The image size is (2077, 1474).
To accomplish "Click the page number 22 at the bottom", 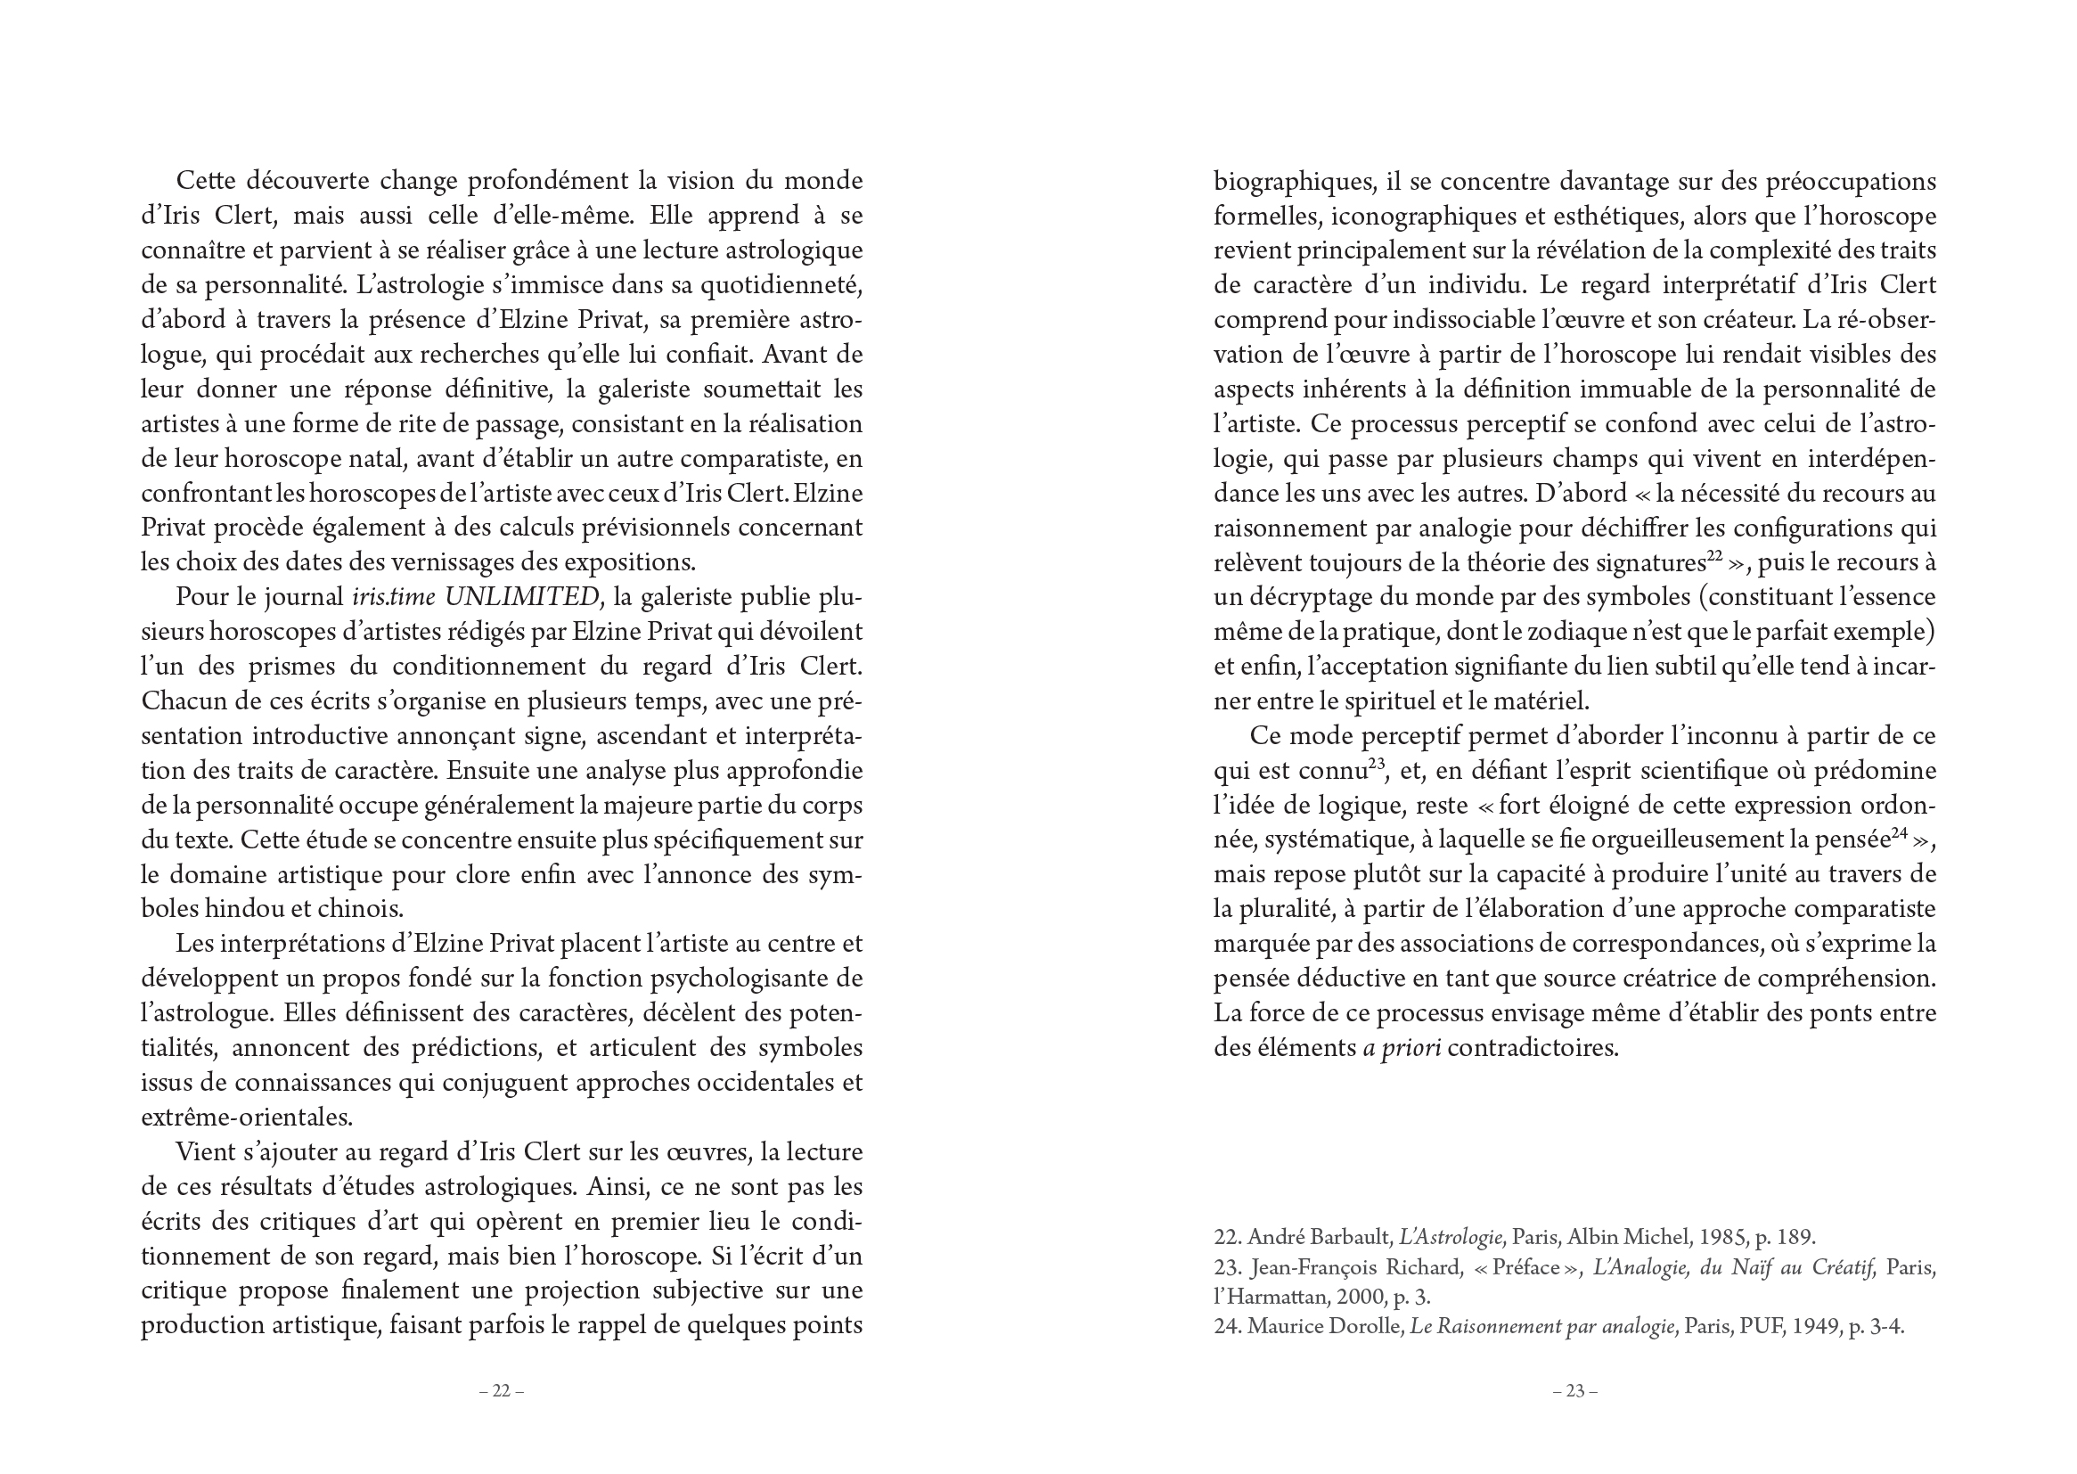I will [x=501, y=1391].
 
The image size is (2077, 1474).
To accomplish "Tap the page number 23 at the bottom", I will [x=1574, y=1391].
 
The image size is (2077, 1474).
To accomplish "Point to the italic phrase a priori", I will [x=1401, y=1048].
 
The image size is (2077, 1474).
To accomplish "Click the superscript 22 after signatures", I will [x=1714, y=556].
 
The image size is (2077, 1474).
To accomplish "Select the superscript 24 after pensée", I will [x=1900, y=834].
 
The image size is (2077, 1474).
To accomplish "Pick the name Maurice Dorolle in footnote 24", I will [x=1325, y=1327].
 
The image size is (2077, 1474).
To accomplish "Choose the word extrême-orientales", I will [x=246, y=1118].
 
